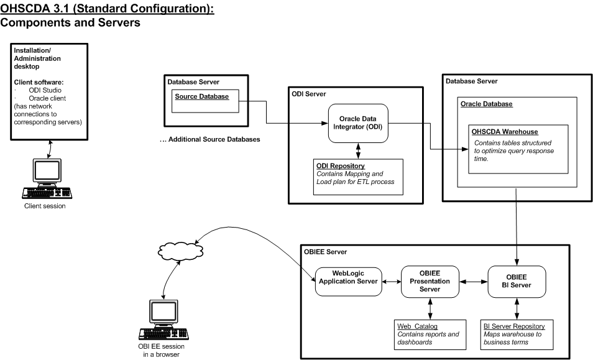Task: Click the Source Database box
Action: (205, 101)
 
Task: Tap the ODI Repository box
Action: (359, 177)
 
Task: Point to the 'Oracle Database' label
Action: (487, 104)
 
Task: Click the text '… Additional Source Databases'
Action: (209, 140)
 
